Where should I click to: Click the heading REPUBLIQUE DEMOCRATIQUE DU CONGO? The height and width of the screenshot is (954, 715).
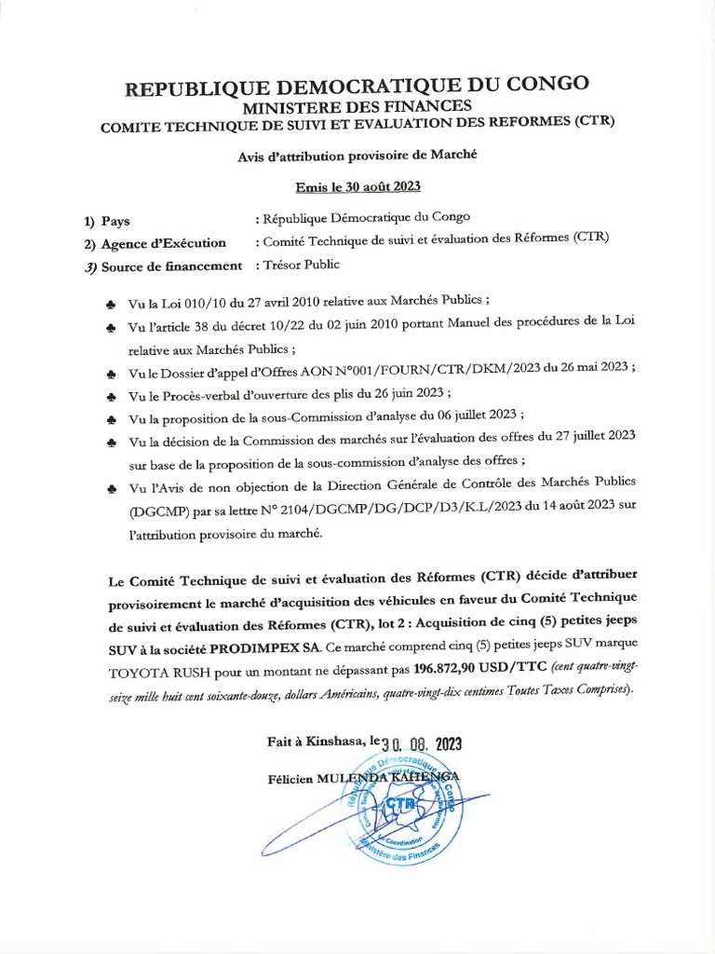pos(357,86)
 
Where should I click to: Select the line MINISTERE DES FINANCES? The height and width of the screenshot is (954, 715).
pos(357,106)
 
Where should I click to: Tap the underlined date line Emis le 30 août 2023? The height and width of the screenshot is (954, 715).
pos(357,186)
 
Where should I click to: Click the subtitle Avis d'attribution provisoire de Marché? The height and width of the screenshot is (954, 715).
pos(357,155)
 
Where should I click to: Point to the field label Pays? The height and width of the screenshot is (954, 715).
pos(115,222)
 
